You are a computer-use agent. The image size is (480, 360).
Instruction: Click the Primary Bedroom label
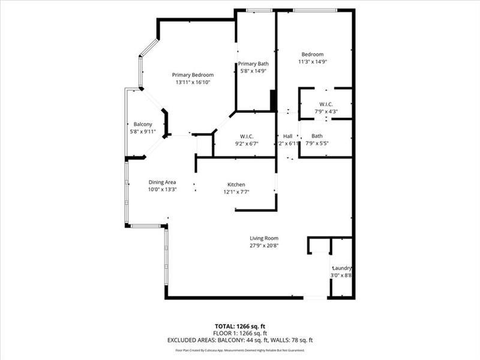pos(193,74)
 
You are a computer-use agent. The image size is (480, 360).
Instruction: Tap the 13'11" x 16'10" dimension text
pos(193,82)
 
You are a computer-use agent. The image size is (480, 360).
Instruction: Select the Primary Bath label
pos(253,64)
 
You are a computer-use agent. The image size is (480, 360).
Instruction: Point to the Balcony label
pos(142,124)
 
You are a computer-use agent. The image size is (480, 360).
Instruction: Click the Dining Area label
pos(162,182)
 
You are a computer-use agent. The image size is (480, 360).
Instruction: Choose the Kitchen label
pos(236,184)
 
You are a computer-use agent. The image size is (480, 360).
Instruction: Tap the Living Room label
pos(264,238)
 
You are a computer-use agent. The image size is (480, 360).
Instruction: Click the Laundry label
pos(341,268)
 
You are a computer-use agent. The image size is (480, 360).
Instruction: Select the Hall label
pos(287,136)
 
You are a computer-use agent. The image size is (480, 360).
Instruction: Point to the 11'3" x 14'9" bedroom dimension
pos(312,62)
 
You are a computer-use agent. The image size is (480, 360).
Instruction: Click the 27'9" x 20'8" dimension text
pos(264,245)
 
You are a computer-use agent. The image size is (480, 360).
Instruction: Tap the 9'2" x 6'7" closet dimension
pos(249,143)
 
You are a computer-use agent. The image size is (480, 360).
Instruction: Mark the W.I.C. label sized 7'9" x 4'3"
pos(326,104)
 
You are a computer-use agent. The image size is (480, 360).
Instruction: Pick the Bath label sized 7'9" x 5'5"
pos(317,136)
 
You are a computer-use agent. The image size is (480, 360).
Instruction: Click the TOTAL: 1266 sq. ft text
pos(240,326)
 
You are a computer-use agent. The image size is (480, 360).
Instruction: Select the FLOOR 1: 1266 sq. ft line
pos(240,333)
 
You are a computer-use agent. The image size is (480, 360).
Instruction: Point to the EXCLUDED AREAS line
pos(240,340)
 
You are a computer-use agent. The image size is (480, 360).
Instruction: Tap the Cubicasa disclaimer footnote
pos(240,350)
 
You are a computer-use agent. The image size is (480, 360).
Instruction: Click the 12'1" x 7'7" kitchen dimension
pos(236,192)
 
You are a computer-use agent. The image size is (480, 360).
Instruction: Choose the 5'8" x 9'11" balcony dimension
pos(142,131)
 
